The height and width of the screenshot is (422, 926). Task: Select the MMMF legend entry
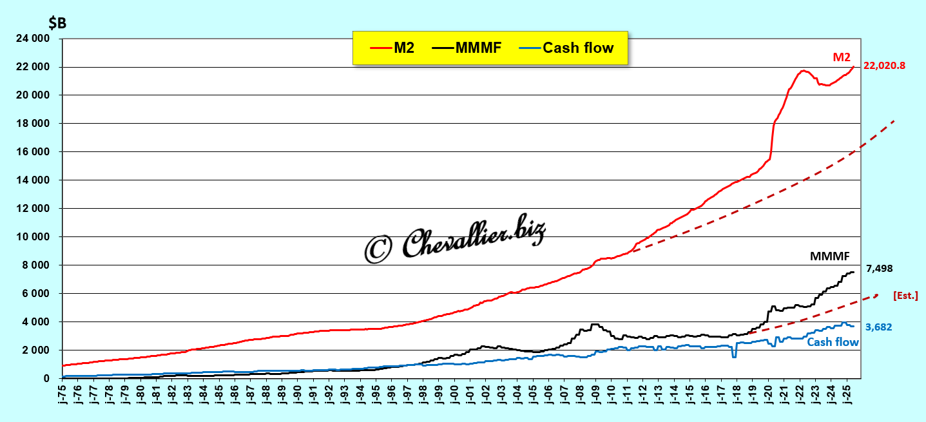(468, 48)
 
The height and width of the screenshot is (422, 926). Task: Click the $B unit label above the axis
(57, 23)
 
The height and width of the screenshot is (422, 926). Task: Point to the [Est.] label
(905, 295)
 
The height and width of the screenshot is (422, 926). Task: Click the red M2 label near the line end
(842, 57)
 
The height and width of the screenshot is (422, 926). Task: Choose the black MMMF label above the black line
(830, 256)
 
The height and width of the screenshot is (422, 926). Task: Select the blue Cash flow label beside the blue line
(833, 342)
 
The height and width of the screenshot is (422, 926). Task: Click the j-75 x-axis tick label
(63, 394)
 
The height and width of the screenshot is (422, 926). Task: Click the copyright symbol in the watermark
(380, 249)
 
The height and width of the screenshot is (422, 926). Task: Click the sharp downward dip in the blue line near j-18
(734, 356)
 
